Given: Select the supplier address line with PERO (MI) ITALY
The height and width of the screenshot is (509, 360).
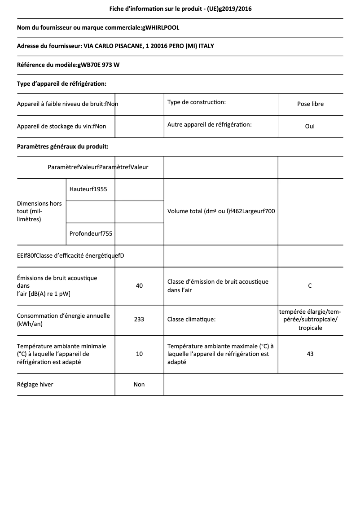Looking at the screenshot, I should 119,46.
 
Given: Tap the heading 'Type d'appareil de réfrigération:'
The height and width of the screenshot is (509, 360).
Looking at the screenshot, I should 61,83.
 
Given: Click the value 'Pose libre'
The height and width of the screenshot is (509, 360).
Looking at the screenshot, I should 310,104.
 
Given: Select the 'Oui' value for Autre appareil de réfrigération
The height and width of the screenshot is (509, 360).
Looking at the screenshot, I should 310,126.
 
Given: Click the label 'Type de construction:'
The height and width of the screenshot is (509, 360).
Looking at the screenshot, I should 197,102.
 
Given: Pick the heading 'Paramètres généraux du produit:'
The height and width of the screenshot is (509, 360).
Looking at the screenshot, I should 62,146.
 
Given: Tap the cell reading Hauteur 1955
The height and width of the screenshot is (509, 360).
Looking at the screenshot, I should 88,189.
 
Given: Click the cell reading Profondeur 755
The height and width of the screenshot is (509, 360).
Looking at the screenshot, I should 91,233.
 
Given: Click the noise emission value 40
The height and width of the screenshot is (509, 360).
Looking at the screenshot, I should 139,285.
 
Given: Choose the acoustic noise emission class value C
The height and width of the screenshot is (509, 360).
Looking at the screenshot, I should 310,285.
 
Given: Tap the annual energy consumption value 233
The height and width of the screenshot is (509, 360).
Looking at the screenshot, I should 139,320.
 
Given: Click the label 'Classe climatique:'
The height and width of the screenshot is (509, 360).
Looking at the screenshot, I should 191,320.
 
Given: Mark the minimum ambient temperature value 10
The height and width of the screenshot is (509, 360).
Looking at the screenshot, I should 139,354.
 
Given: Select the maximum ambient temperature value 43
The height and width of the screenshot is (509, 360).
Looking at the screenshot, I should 310,354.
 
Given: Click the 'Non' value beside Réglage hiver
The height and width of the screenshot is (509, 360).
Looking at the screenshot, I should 139,384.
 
